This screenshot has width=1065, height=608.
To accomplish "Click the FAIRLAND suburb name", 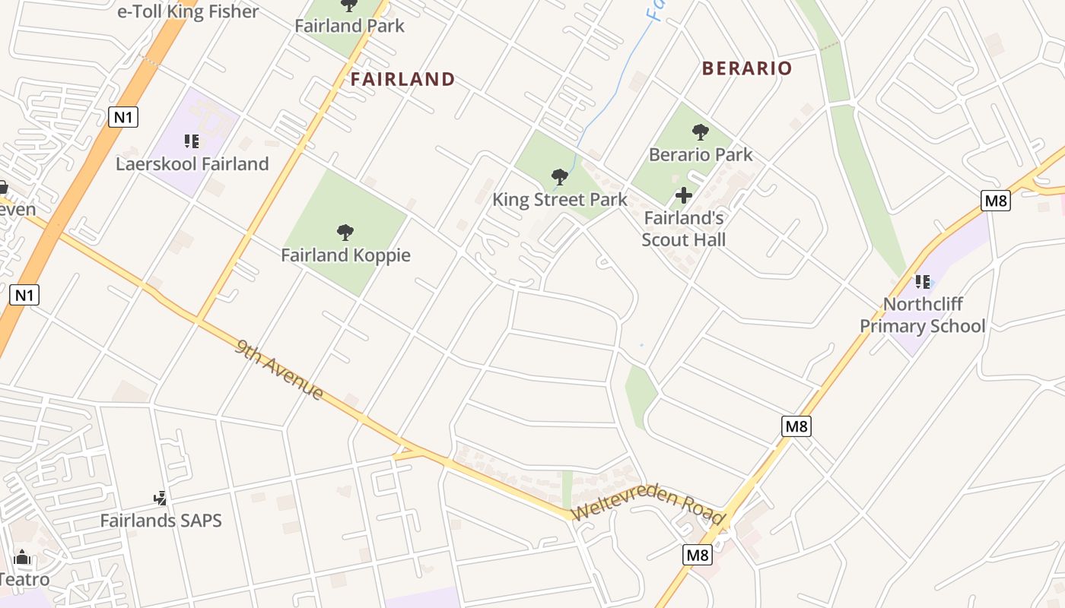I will coord(402,79).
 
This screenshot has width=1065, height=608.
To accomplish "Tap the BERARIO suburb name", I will coord(747,68).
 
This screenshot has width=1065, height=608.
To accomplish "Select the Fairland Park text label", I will coord(349,25).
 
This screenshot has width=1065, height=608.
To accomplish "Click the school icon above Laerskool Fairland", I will coord(192,141).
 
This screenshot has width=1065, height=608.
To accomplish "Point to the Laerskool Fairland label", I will coord(192,163).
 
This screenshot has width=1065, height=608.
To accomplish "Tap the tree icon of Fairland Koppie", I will coord(345,232).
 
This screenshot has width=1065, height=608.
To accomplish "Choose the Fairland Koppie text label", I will coord(345,255).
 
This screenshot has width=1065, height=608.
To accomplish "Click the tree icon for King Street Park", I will coord(560,177).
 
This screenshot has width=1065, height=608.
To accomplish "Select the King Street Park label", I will coord(560,200).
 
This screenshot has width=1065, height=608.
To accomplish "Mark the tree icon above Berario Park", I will coord(701,132).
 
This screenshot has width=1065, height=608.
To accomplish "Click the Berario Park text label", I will coord(701,154).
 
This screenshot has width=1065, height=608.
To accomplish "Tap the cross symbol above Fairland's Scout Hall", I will coord(684,195).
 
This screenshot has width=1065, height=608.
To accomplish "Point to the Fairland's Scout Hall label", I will coord(684,229).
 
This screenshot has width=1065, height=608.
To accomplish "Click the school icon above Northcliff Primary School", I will coord(923,282).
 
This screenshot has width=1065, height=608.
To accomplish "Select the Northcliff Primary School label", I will coord(923,315).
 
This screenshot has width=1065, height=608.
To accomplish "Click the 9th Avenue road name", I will coord(279,370).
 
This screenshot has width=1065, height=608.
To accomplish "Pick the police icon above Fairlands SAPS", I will coord(161,499).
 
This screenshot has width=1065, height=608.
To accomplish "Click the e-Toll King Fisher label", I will coord(188,11).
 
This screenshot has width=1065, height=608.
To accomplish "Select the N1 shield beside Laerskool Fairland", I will coord(123,117).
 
